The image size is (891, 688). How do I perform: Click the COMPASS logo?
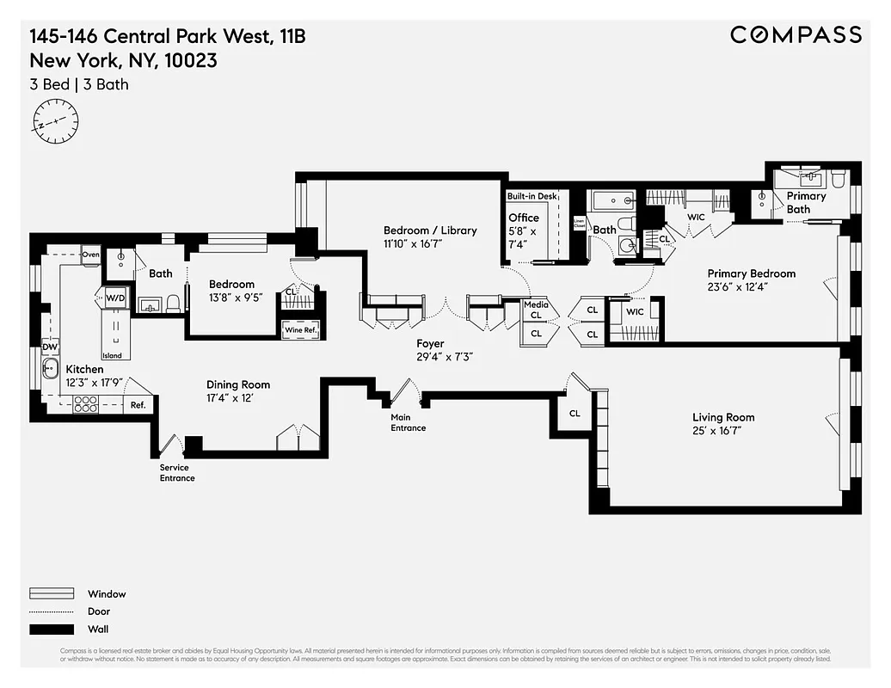pos(796,34)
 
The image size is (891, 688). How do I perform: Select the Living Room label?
pos(723,417)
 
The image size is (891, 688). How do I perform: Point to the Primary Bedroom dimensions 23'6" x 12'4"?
pos(751,287)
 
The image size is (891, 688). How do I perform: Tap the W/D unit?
pos(115,298)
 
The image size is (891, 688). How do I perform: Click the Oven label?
pos(91,255)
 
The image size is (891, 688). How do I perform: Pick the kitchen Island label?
pos(112,355)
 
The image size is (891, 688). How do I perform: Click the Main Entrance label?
pos(408,422)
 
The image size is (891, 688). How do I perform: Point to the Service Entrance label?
pos(177,473)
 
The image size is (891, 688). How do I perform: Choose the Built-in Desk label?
pos(532,197)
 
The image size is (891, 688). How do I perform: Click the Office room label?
pos(523,218)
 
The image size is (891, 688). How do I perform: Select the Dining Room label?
pos(237,384)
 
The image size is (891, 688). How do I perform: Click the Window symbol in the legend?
pos(52,593)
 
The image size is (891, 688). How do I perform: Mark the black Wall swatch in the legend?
pos(52,629)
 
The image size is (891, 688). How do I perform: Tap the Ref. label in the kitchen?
pos(138,404)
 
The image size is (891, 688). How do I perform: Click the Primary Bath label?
pos(806,202)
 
